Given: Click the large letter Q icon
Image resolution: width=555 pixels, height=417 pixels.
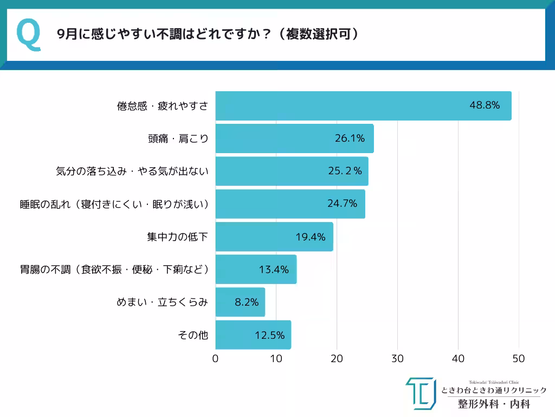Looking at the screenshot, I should tap(29, 35).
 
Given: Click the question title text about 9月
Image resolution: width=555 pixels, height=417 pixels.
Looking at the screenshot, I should tap(208, 34).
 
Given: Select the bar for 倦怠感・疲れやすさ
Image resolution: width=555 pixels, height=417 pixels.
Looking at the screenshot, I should tap(363, 105).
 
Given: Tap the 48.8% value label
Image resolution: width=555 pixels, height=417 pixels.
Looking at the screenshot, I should tap(484, 105).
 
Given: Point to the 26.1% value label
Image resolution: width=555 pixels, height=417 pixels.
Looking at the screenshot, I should tap(350, 138).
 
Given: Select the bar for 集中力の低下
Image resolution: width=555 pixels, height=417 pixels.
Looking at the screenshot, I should tap(274, 237).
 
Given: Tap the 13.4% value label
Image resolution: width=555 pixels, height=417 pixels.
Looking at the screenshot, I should tap(274, 269).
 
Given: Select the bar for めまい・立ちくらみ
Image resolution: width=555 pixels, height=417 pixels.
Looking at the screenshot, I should tap(240, 302).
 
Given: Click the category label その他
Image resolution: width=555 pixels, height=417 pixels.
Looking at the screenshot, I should tap(193, 335).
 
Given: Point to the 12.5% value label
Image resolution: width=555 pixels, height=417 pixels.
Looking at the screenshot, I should tap(269, 335).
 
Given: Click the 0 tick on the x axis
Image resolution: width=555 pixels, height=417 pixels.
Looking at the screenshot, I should tap(216, 359).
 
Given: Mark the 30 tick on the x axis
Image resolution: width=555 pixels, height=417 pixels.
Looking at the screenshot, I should tap(397, 359).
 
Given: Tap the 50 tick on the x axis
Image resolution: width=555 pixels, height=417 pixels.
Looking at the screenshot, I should tap(519, 359).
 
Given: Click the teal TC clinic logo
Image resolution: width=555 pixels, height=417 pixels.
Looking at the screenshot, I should tap(421, 393).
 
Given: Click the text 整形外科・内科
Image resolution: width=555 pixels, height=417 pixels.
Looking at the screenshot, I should tap(494, 404).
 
